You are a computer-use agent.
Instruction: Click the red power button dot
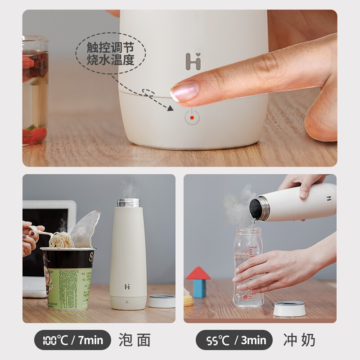(x=192, y=118)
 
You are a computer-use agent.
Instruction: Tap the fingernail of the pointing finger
(x=184, y=91)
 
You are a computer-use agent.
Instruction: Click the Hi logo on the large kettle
(x=193, y=61)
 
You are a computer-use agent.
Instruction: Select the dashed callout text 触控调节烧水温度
(x=110, y=54)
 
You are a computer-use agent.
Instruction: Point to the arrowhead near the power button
(x=171, y=108)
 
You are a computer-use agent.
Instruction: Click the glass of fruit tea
(x=35, y=90)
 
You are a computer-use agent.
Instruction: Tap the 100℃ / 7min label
(x=72, y=340)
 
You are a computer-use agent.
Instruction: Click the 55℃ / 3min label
(x=234, y=340)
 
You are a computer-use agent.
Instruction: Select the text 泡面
(x=135, y=340)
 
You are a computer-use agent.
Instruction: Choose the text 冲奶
(x=299, y=340)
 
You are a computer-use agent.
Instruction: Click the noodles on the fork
(x=61, y=239)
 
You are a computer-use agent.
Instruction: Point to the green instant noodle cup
(x=68, y=278)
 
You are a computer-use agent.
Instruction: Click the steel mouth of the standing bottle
(x=128, y=203)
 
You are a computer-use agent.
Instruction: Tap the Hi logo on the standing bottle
(x=127, y=287)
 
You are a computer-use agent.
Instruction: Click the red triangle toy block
(x=198, y=273)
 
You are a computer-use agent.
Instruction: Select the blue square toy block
(x=199, y=288)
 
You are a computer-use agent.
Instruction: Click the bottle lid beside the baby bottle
(x=289, y=308)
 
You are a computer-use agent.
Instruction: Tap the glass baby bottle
(x=248, y=267)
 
